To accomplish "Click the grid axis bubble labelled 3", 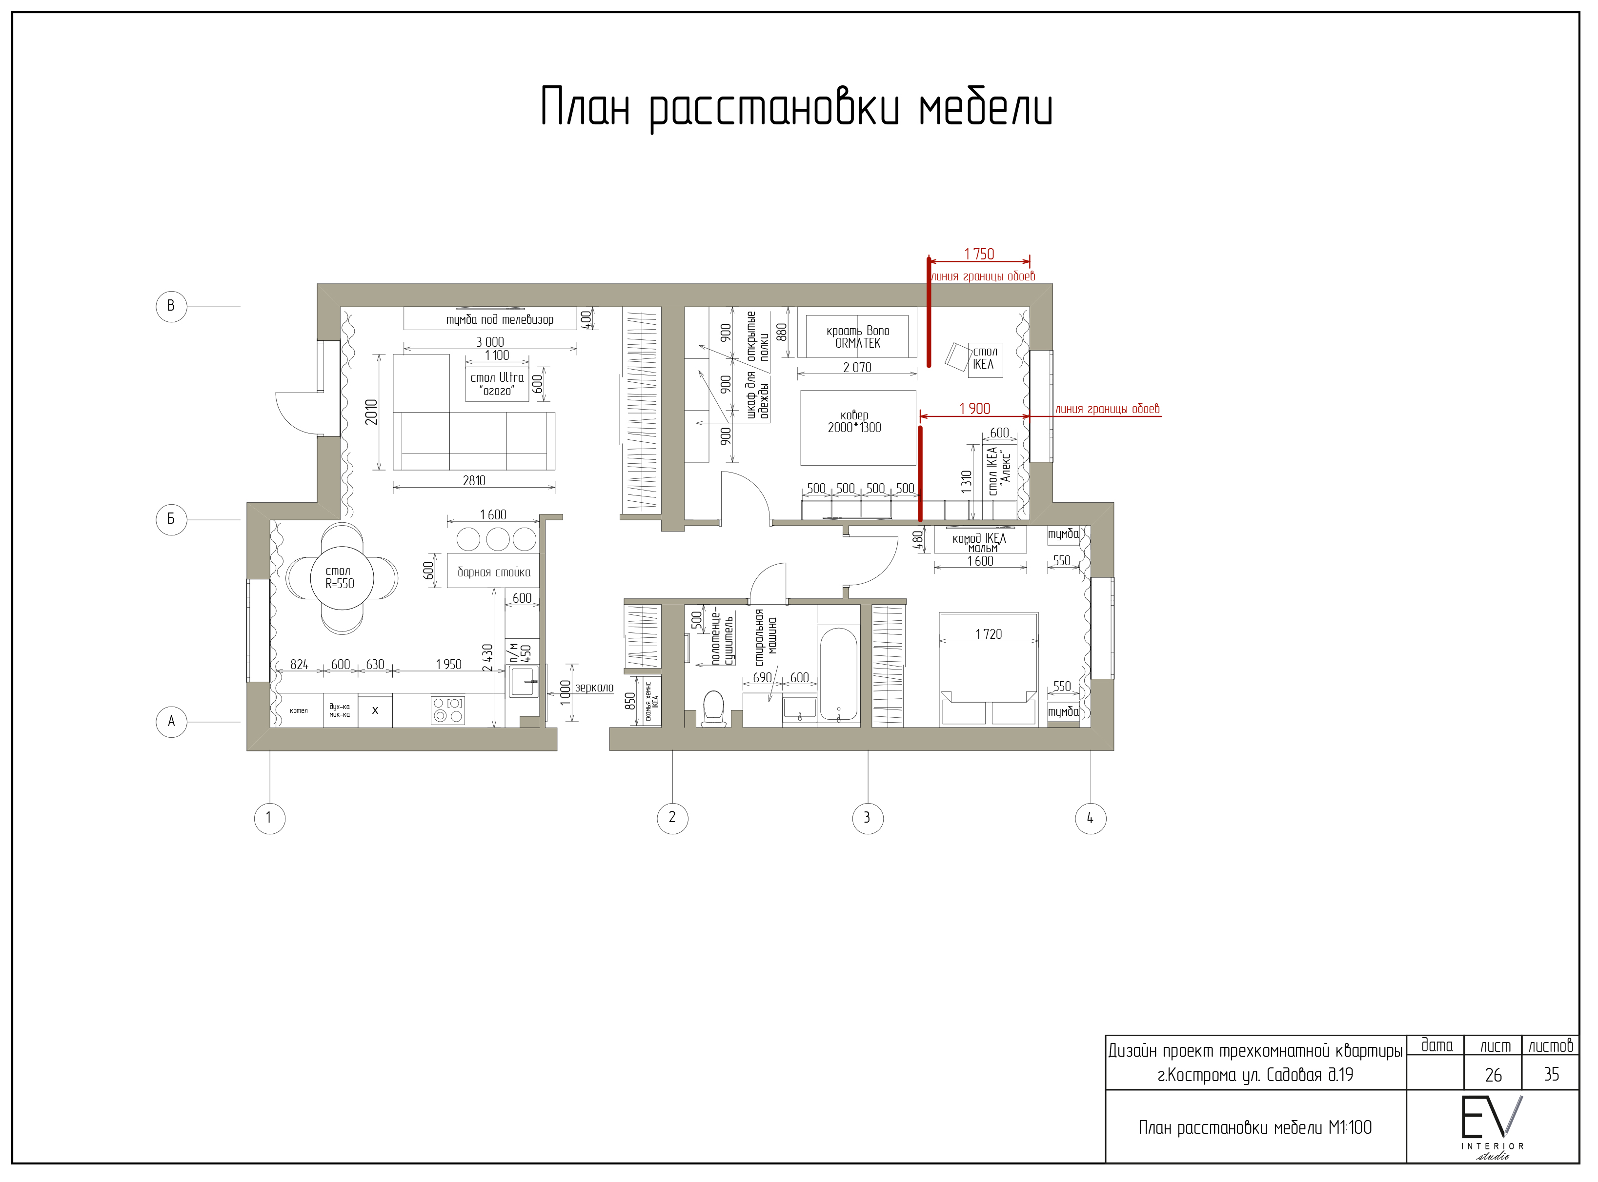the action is tap(867, 818).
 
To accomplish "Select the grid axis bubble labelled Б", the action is tap(171, 519).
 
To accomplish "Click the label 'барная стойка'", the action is tap(494, 571).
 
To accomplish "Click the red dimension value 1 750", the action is tap(979, 254).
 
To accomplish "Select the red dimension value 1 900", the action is tap(974, 409).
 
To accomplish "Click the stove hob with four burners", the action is tap(447, 710).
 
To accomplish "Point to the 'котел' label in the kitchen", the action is tap(299, 710).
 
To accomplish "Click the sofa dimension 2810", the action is tap(474, 481).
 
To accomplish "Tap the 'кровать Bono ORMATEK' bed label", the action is tap(858, 337).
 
